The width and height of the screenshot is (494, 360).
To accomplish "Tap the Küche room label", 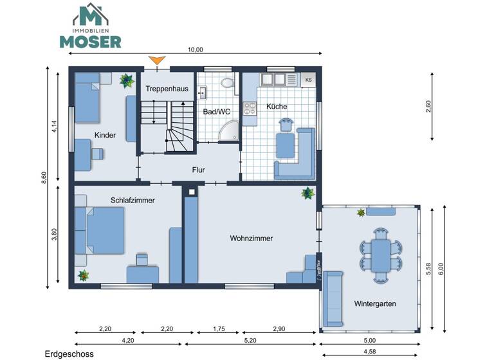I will [276, 107].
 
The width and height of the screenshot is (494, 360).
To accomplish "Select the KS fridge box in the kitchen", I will [308, 80].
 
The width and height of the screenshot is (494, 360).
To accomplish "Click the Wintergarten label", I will [374, 303].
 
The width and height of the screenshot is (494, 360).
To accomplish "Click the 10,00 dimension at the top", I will [195, 50].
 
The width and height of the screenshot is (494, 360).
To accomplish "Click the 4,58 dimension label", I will [369, 352].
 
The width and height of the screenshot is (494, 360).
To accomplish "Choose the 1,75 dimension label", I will [219, 329].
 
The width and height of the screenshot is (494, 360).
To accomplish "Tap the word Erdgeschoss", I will [69, 354].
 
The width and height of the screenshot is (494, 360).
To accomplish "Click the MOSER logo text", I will [90, 41].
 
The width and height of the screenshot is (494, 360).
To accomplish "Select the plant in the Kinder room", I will [126, 80].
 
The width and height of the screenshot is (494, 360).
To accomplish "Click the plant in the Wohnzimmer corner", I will [308, 193].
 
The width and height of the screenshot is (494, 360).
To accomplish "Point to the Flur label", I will [198, 170].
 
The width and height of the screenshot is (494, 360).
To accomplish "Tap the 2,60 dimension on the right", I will [428, 107].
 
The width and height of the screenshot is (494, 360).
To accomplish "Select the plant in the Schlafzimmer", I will [83, 275].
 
